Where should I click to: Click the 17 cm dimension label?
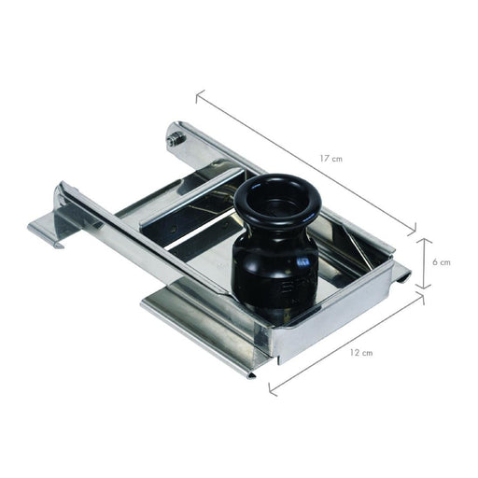pyautogui.click(x=331, y=159)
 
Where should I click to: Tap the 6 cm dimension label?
pyautogui.click(x=442, y=262)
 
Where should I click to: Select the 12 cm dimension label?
pyautogui.click(x=361, y=353)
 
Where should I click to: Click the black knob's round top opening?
pyautogui.click(x=277, y=199)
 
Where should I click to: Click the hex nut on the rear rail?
pyautogui.click(x=176, y=138)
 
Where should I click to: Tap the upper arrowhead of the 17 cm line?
pyautogui.click(x=199, y=95)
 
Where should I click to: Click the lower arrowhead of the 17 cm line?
pyautogui.click(x=413, y=229)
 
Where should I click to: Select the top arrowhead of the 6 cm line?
pyautogui.click(x=424, y=241)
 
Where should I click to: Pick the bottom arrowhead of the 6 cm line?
pyautogui.click(x=424, y=286)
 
